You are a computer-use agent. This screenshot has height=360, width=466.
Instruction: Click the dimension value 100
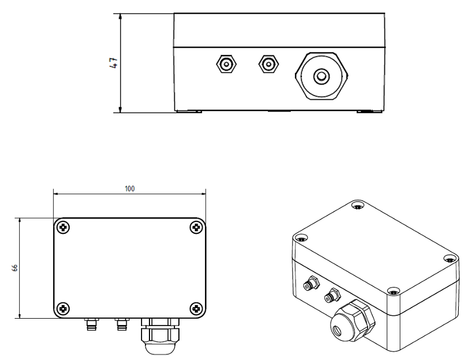(x=130, y=188)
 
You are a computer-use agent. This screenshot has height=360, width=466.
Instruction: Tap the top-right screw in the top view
(x=196, y=227)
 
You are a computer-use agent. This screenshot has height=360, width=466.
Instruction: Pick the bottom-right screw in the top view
(x=196, y=309)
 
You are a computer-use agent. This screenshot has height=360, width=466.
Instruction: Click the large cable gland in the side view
(x=322, y=76)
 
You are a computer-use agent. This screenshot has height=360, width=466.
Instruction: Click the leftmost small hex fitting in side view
(x=226, y=64)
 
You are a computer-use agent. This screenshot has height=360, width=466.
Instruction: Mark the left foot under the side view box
(x=189, y=112)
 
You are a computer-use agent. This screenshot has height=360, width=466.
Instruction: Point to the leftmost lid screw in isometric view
(x=301, y=238)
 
